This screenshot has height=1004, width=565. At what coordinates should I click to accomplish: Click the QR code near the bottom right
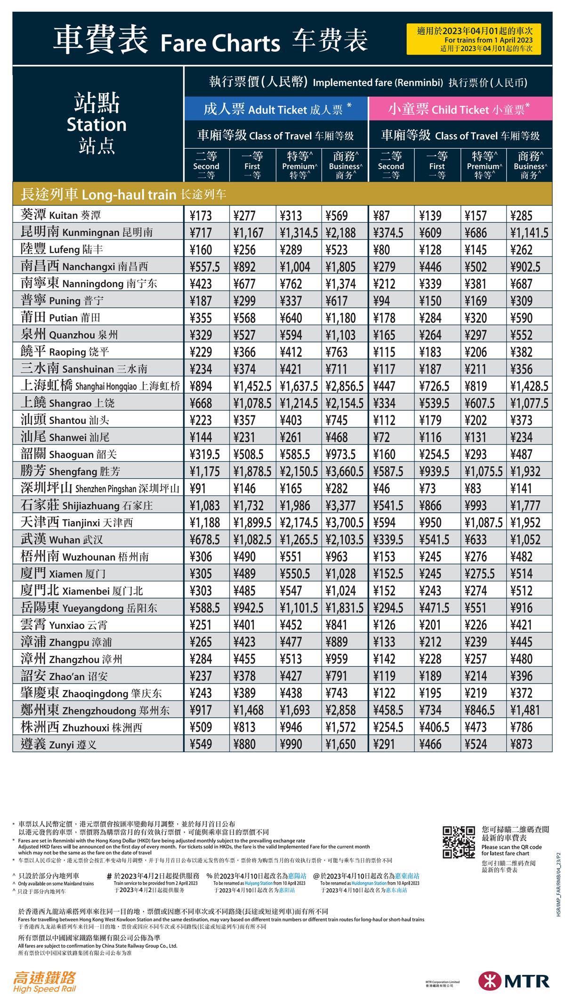(459, 842)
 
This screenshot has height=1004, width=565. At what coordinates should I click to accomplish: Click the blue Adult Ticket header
(275, 109)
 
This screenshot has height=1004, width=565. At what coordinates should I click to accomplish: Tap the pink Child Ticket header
(460, 109)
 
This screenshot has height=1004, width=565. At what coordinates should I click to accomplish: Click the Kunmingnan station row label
(87, 232)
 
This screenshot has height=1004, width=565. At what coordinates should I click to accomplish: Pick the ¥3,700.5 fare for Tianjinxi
(344, 523)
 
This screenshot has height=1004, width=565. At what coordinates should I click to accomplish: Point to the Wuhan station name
(62, 540)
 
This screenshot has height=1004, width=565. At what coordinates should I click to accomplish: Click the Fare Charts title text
(220, 43)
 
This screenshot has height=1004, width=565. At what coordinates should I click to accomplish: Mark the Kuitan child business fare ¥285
(521, 216)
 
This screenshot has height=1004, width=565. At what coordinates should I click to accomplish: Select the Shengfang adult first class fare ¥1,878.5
(252, 471)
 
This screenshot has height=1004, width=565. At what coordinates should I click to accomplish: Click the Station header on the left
(97, 124)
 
